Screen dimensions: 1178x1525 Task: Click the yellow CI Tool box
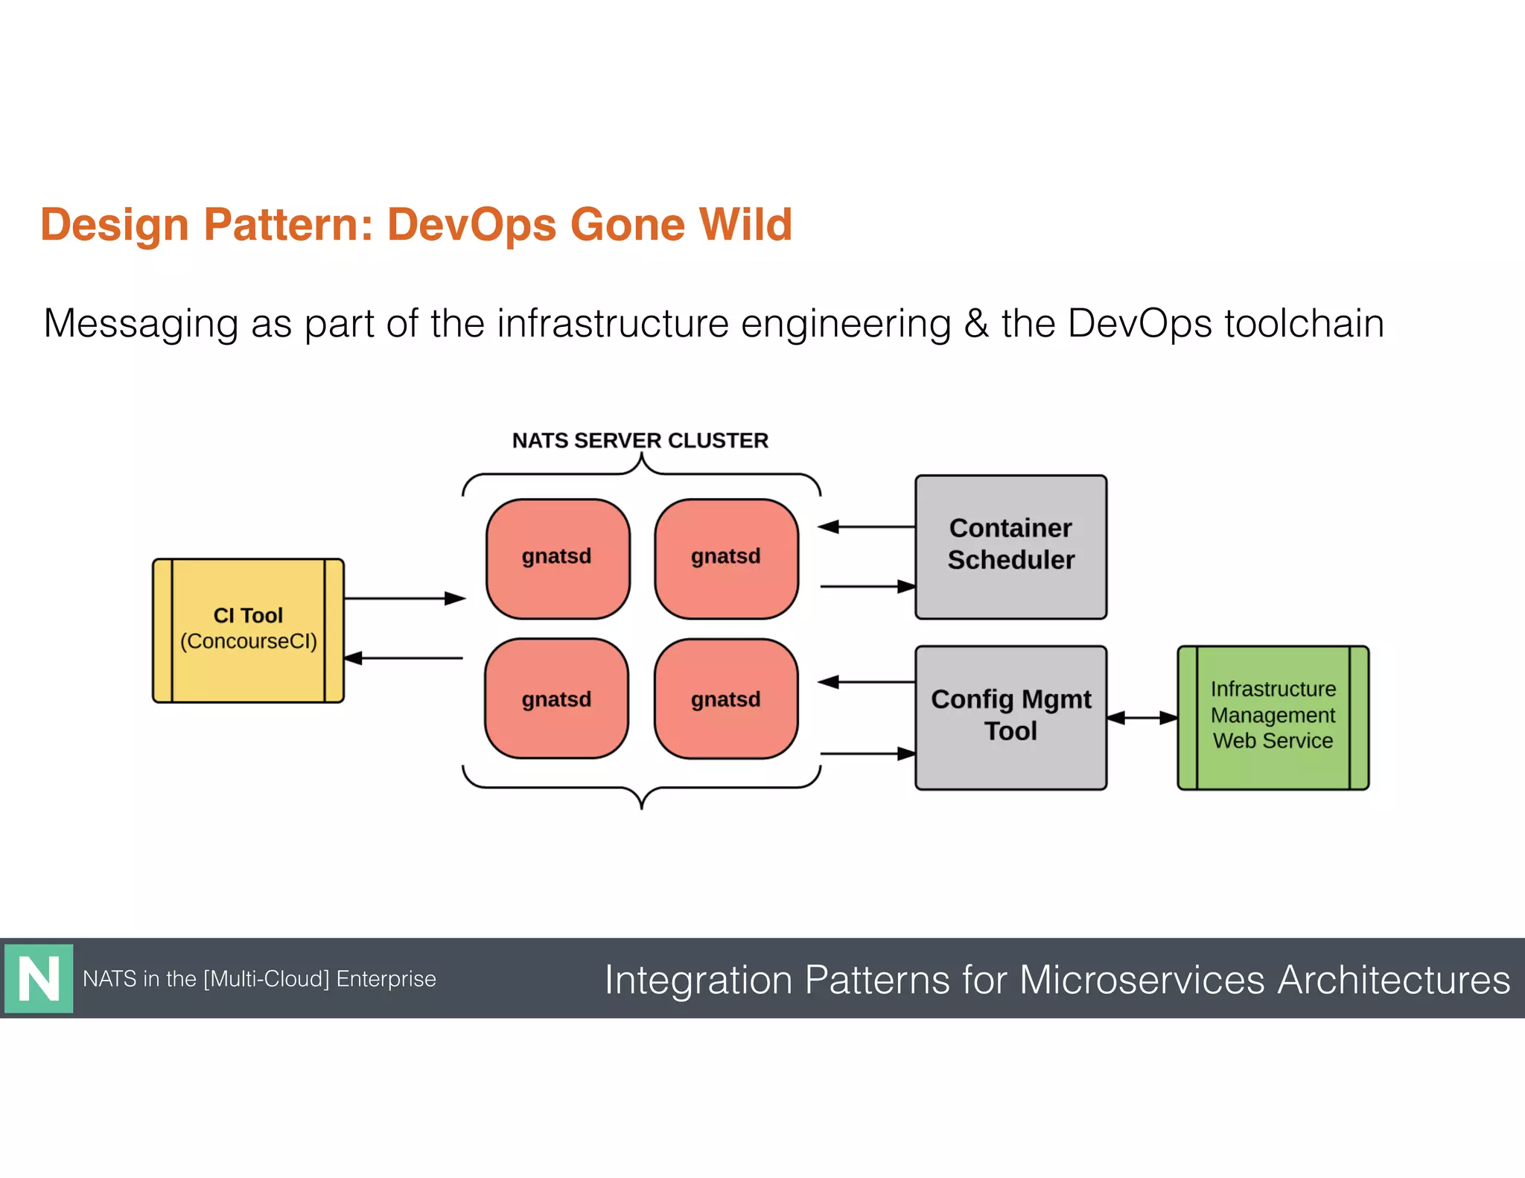pyautogui.click(x=248, y=630)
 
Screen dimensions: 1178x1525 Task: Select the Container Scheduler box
pyautogui.click(x=1010, y=546)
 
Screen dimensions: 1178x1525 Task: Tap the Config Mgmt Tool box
pyautogui.click(x=1010, y=716)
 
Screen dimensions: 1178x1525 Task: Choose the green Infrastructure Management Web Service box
pyautogui.click(x=1273, y=716)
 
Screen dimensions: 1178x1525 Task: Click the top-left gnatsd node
pyautogui.click(x=558, y=558)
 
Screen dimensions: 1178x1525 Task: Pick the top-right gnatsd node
pyautogui.click(x=726, y=558)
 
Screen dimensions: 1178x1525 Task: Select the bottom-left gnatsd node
pyautogui.click(x=556, y=698)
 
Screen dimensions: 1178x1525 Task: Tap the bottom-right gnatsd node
pyautogui.click(x=726, y=698)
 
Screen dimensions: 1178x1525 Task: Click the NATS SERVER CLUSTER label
pyautogui.click(x=640, y=440)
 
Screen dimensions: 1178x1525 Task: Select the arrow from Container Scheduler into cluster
pyautogui.click(x=867, y=526)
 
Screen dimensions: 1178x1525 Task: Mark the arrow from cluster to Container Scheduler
pyautogui.click(x=867, y=587)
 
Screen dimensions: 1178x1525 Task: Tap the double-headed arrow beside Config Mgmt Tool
pyautogui.click(x=1142, y=718)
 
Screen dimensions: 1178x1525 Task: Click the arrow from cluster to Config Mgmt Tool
pyautogui.click(x=867, y=754)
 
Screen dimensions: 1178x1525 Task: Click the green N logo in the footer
pyautogui.click(x=39, y=978)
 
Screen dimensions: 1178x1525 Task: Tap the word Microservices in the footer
pyautogui.click(x=1142, y=979)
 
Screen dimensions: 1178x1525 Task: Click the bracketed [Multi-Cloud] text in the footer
pyautogui.click(x=266, y=978)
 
